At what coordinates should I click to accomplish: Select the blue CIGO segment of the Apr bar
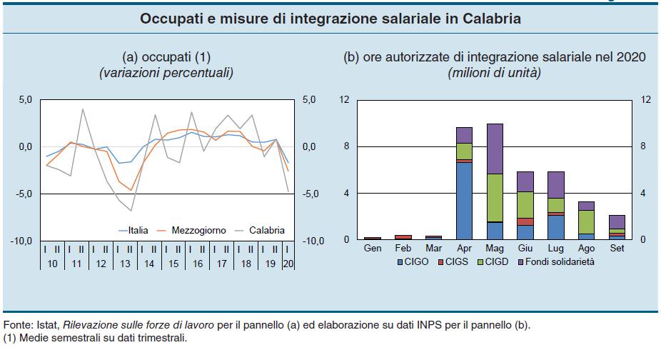click(464, 200)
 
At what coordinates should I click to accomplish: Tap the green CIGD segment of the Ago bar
click(586, 221)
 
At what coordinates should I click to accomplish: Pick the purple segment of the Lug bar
click(555, 184)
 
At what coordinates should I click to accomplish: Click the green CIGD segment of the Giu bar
click(525, 204)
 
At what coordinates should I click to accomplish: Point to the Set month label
click(617, 248)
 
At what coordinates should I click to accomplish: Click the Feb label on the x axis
click(403, 248)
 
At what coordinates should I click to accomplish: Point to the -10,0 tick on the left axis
click(21, 241)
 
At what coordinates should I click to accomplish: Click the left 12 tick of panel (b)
click(344, 100)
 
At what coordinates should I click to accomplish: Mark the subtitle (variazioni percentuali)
click(167, 72)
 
